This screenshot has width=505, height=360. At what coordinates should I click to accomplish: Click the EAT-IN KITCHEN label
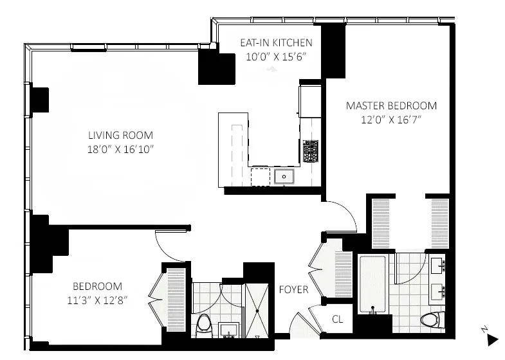(x=276, y=43)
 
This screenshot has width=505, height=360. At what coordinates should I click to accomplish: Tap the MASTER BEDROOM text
(x=391, y=105)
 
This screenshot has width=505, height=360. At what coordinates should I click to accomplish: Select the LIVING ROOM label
(x=121, y=135)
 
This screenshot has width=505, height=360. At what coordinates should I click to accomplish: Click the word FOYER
(x=293, y=289)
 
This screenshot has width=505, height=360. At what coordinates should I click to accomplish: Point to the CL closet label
(x=338, y=318)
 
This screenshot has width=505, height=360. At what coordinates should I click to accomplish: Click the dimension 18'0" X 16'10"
(x=121, y=149)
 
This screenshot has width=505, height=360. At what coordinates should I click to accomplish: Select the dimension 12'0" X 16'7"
(x=391, y=119)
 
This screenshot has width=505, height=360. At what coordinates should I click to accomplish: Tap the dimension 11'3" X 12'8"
(x=96, y=300)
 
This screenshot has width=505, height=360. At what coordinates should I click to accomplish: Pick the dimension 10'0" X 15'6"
(x=276, y=57)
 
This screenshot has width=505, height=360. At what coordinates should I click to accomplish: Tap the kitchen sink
(x=284, y=175)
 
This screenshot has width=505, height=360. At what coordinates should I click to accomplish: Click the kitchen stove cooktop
(x=311, y=151)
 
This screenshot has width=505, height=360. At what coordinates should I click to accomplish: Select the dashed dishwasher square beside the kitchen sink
(x=261, y=175)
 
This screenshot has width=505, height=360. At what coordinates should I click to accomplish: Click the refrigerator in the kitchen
(x=307, y=102)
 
